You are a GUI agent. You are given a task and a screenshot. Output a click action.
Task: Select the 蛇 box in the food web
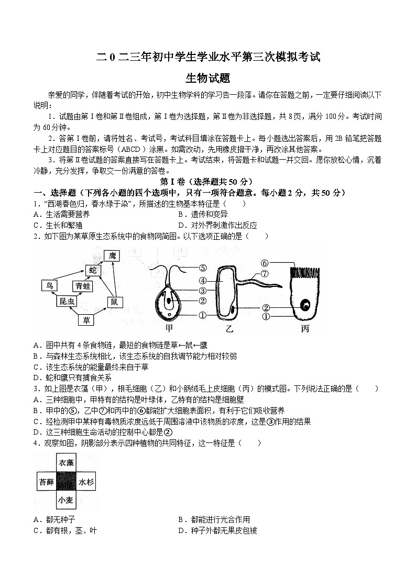(93, 270)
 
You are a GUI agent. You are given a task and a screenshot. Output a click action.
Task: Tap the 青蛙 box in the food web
(83, 285)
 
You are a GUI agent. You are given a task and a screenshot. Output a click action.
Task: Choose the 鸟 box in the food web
(49, 285)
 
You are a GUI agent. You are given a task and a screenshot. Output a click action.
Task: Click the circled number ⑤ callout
(203, 268)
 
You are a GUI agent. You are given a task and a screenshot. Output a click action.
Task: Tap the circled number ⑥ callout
(265, 263)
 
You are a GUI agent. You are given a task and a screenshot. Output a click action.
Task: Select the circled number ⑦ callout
(265, 273)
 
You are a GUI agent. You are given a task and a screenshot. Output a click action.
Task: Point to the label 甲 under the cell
(169, 328)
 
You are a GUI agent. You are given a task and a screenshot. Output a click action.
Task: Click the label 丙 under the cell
(305, 328)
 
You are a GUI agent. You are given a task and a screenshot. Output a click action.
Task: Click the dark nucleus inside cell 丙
(304, 304)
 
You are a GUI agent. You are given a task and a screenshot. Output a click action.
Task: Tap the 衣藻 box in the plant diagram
(66, 463)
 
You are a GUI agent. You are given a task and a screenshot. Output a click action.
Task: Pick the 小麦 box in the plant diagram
(66, 500)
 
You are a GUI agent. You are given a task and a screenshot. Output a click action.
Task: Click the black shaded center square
(66, 482)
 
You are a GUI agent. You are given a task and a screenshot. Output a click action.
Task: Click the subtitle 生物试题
(208, 78)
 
